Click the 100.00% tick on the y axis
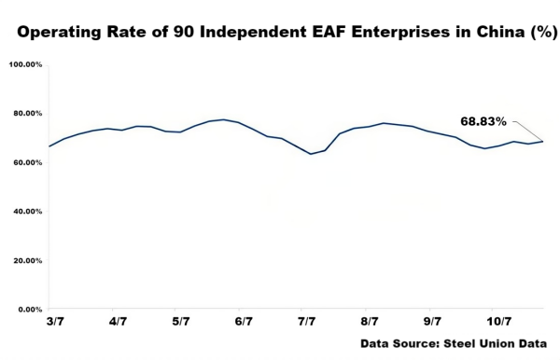tap(24, 64)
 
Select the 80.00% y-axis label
tap(26, 114)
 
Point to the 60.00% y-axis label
tap(26, 162)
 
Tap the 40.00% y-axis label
tap(26, 212)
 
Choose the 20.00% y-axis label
tap(26, 260)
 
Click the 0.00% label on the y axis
tap(28, 309)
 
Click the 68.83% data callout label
tap(483, 121)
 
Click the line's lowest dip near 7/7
tap(311, 154)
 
